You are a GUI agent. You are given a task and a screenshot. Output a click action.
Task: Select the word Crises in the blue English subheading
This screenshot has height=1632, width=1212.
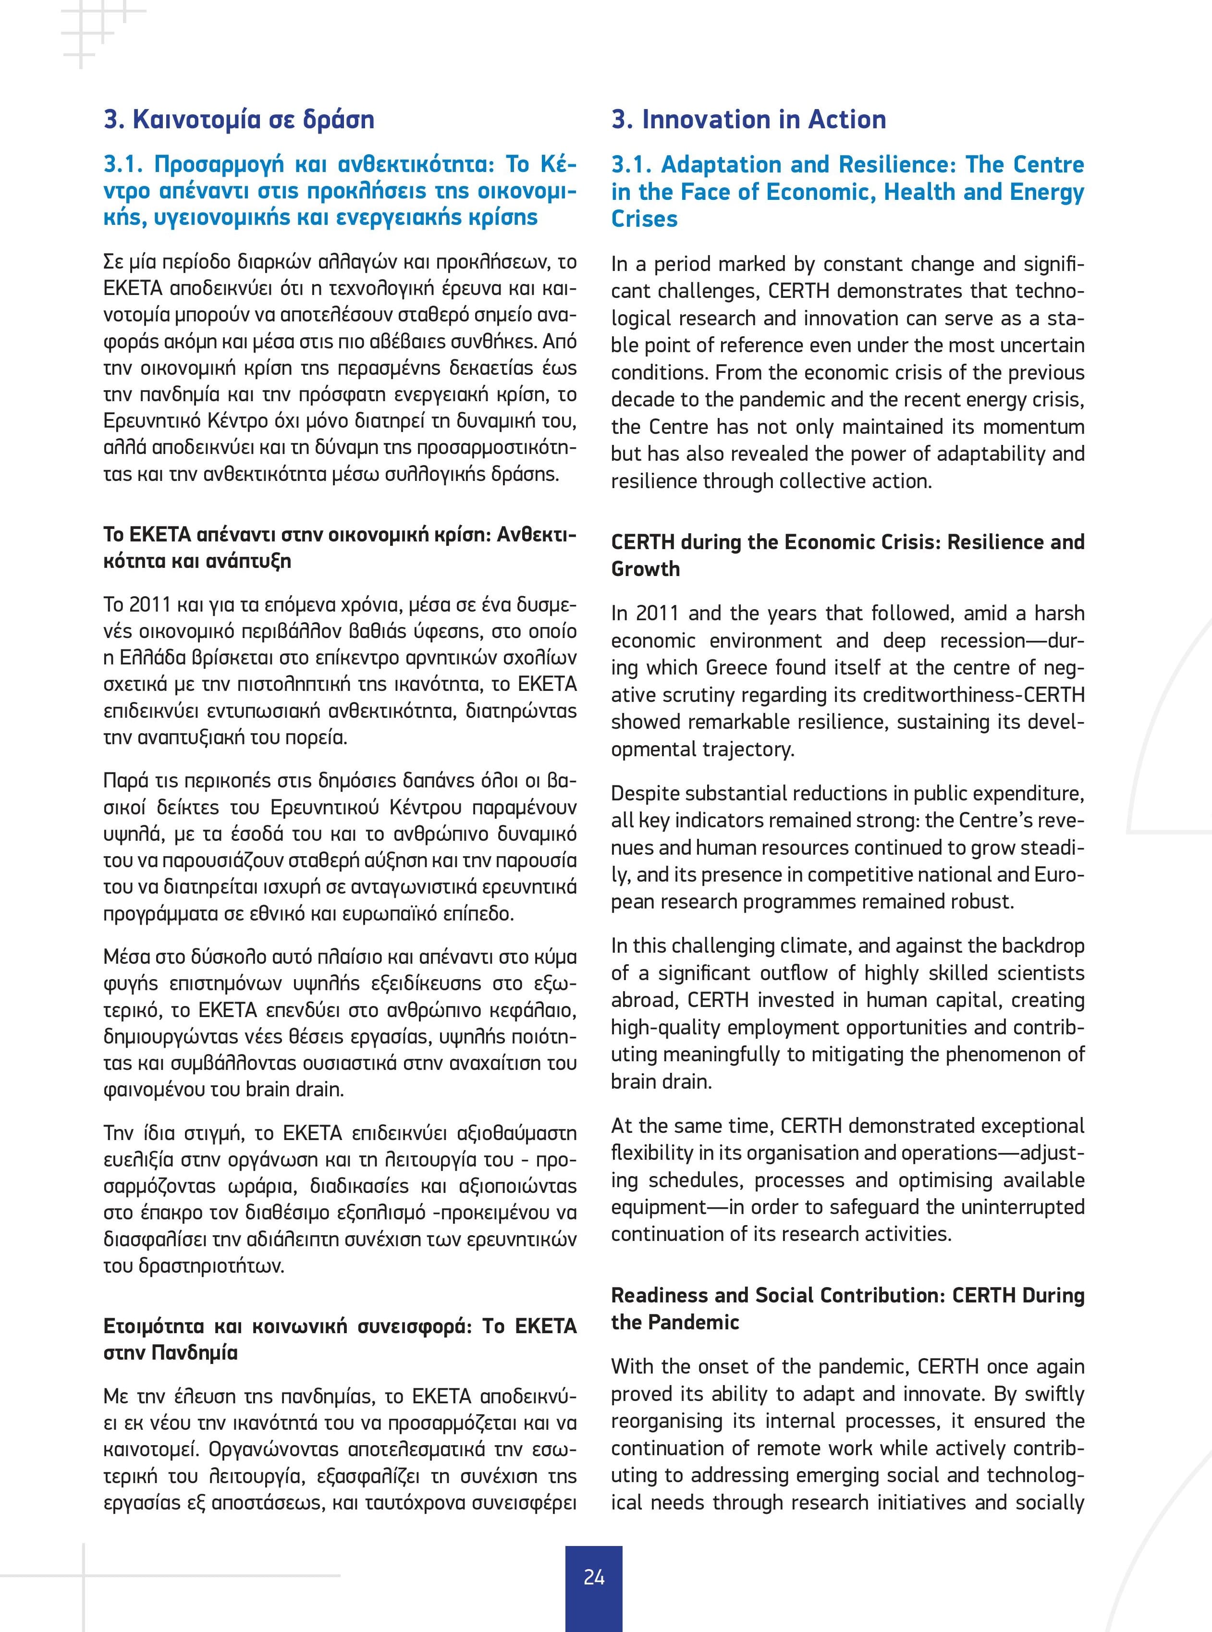644,219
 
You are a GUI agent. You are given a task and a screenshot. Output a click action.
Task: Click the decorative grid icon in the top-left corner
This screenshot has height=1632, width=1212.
92,29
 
